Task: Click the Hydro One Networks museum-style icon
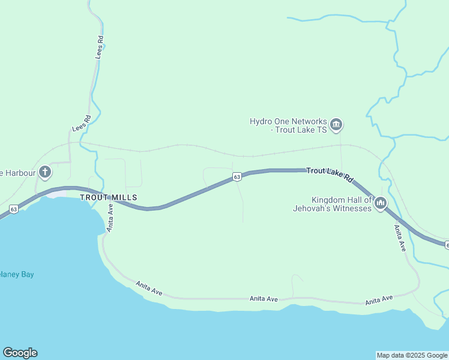tap(336, 125)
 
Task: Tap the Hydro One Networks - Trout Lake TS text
tap(288, 125)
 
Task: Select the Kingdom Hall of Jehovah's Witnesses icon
tap(380, 204)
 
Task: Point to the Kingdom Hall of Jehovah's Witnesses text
tap(332, 205)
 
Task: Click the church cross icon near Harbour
tap(44, 173)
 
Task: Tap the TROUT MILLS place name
tap(109, 197)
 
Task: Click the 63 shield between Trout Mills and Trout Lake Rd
tap(237, 176)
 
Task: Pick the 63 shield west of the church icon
tap(13, 209)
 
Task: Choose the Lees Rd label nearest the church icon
tap(81, 123)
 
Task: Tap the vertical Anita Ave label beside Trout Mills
tap(110, 217)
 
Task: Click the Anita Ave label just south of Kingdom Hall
tap(400, 238)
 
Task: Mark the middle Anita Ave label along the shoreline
tap(264, 298)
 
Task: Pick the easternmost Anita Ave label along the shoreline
tap(378, 299)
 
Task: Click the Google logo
tap(20, 353)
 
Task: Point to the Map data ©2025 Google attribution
tap(412, 355)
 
